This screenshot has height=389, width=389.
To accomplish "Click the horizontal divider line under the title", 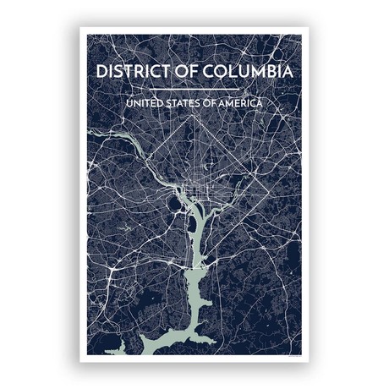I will (194, 88).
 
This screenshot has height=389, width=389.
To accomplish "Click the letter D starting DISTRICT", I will (101, 71).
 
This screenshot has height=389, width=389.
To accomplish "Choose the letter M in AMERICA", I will (227, 103).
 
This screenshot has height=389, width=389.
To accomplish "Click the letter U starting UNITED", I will (128, 103).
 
